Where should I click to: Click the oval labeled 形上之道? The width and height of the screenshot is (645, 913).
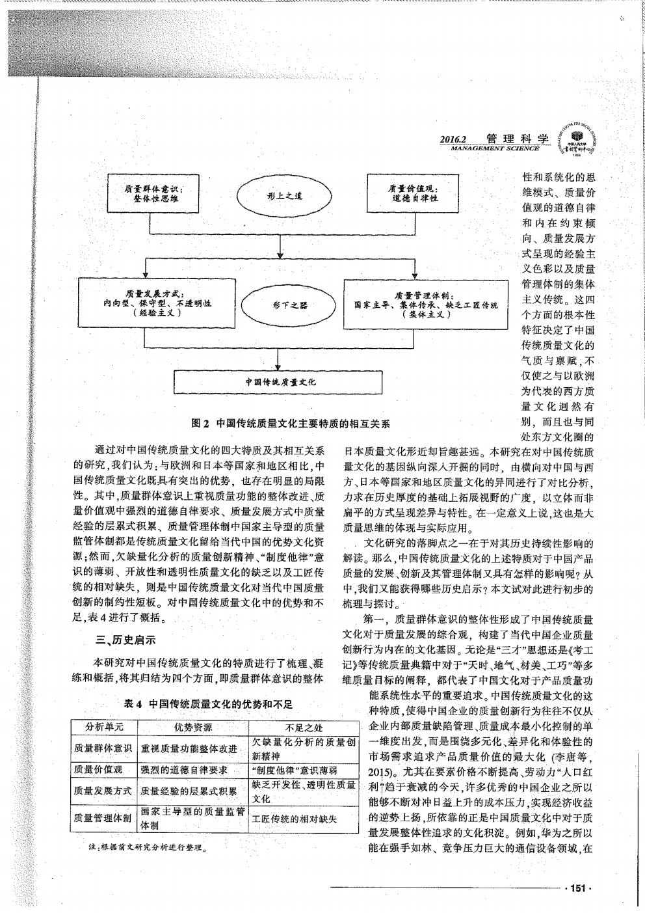pos(280,195)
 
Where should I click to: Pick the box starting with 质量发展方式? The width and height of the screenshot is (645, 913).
pos(151,302)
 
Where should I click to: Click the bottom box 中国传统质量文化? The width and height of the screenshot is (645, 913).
pos(280,382)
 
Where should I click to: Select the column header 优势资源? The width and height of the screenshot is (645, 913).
pos(192,727)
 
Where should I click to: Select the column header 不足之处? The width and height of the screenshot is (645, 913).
pos(304,727)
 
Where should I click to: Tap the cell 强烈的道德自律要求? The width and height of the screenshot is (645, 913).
pos(183,769)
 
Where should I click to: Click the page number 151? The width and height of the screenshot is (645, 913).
pos(578,888)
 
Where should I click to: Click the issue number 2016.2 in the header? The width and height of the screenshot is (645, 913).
pos(454,139)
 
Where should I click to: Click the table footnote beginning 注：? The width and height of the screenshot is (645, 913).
pos(146,849)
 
